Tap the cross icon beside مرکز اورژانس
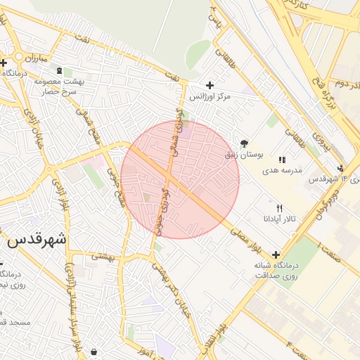point(210,84)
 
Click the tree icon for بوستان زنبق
point(244,143)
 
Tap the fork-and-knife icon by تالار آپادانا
point(281,208)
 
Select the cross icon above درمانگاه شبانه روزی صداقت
point(275,254)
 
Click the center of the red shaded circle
point(180,179)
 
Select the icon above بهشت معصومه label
point(58,70)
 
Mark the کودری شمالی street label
point(176,134)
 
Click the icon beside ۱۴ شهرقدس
point(340,168)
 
